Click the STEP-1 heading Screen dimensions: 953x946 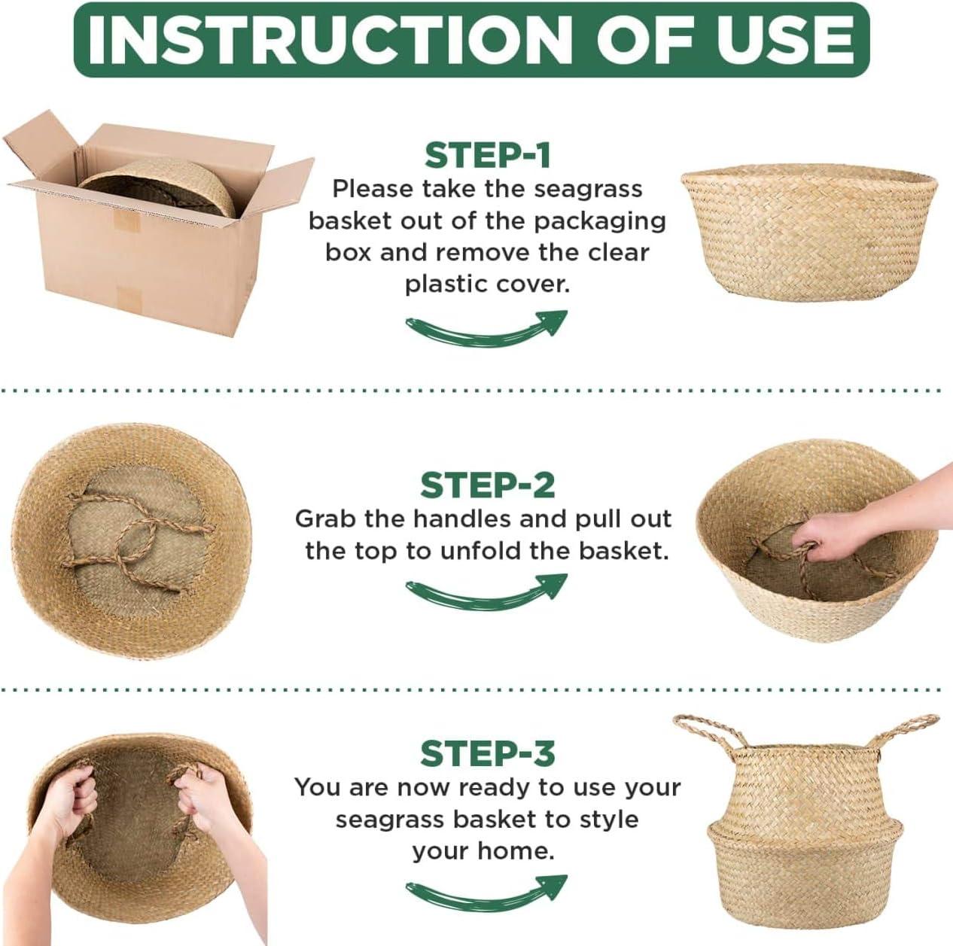(487, 155)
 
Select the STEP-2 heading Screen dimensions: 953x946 (487, 485)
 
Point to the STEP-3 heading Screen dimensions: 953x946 (487, 753)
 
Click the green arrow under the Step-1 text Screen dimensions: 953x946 (486, 328)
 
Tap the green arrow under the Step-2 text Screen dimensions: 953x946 (486, 591)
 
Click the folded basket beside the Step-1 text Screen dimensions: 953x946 (809, 232)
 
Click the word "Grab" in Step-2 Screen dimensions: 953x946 (326, 519)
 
